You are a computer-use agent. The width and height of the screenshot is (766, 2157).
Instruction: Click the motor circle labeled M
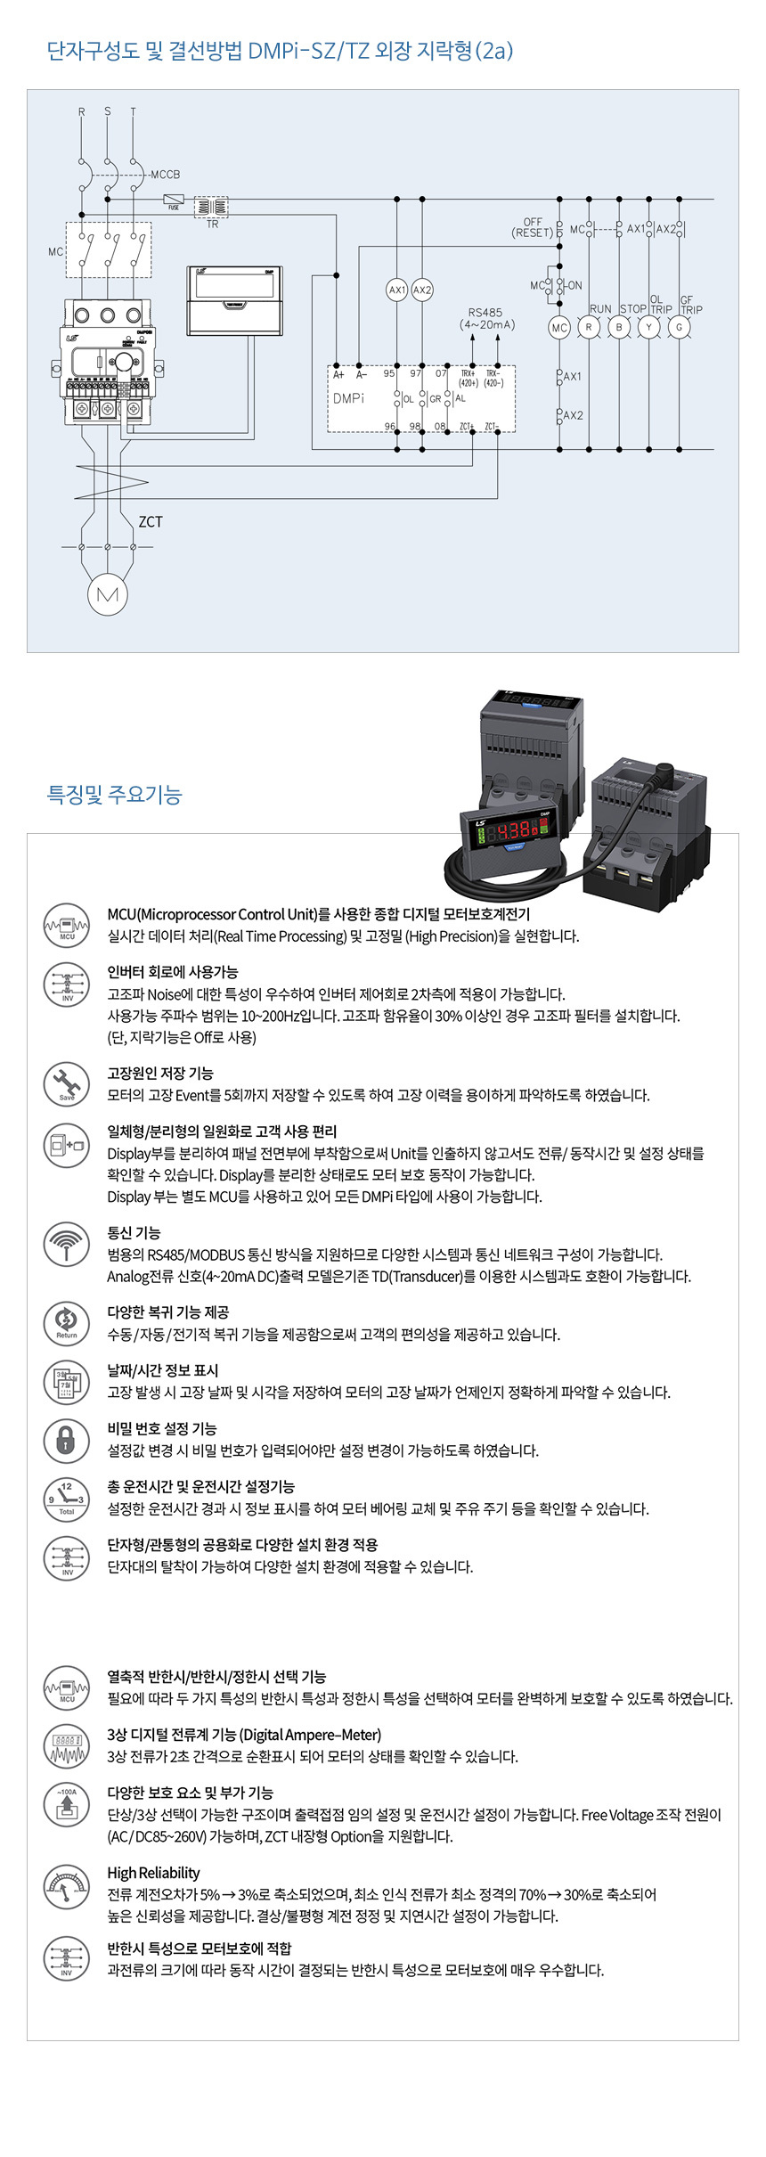click(x=107, y=594)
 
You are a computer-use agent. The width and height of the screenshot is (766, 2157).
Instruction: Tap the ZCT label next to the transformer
click(x=151, y=522)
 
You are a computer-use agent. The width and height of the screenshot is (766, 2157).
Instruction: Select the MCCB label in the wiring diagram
click(x=165, y=175)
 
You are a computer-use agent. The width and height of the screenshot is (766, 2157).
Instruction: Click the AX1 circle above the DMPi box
click(x=397, y=290)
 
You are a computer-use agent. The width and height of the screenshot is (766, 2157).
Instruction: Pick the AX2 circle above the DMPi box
click(x=422, y=290)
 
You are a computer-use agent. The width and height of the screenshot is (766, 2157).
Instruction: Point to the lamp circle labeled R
click(x=588, y=327)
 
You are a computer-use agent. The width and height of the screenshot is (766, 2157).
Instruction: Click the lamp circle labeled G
click(x=679, y=327)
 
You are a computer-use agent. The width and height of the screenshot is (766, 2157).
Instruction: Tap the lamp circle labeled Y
click(x=648, y=327)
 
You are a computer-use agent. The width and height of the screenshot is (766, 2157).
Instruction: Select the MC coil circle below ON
click(x=558, y=327)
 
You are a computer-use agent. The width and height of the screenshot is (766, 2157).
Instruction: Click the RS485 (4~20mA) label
click(x=486, y=319)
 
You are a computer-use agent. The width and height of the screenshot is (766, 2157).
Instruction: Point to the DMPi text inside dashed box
click(x=349, y=398)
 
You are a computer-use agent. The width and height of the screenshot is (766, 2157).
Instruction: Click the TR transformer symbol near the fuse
click(x=211, y=208)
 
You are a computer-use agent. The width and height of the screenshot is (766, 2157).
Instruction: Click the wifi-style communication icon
click(x=67, y=1243)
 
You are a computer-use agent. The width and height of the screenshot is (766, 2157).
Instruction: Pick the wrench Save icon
click(x=67, y=1083)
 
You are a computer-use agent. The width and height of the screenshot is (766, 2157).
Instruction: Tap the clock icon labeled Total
click(x=67, y=1498)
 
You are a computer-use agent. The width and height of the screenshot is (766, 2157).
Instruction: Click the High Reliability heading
click(x=153, y=1873)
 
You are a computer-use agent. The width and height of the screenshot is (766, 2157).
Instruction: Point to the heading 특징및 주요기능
click(x=114, y=795)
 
